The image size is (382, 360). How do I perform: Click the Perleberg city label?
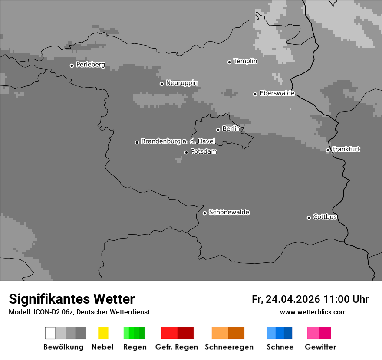click(90, 65)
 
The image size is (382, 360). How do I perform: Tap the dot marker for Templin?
click(229, 62)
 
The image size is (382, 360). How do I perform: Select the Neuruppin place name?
click(181, 83)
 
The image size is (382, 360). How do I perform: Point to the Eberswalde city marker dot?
click(255, 94)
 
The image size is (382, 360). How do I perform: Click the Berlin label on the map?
click(231, 129)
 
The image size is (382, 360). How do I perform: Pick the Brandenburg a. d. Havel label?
click(178, 141)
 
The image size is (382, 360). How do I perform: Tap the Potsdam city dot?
click(186, 152)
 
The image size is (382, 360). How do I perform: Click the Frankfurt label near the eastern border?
click(346, 149)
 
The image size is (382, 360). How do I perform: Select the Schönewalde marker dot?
click(204, 213)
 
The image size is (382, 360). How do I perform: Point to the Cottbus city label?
click(325, 217)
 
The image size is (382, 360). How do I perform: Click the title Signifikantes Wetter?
click(72, 299)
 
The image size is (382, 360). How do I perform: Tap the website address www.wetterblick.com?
click(313, 312)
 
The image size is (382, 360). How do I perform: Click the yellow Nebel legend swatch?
click(103, 333)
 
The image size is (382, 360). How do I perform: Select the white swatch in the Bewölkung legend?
click(50, 333)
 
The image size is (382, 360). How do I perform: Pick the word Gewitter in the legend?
click(320, 347)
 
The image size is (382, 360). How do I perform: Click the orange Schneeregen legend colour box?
click(228, 333)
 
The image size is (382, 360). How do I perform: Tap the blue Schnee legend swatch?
click(279, 333)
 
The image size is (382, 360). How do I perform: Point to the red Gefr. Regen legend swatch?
click(177, 333)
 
